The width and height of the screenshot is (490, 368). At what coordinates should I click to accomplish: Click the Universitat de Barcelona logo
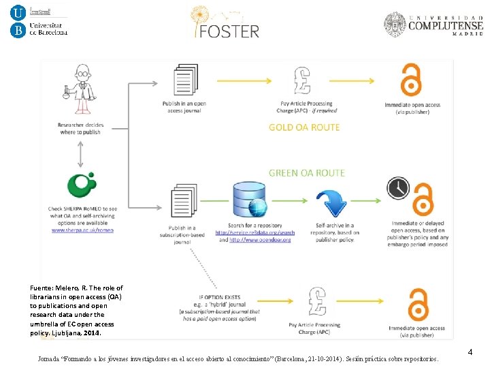pos(39,20)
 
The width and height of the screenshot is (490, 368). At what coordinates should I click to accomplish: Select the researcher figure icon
pos(82,89)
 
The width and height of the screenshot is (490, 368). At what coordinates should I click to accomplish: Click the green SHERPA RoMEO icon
pos(82,186)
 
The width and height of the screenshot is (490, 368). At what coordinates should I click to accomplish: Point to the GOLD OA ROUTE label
pos(304,127)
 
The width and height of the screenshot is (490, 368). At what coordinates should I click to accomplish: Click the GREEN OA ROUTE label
pos(306,173)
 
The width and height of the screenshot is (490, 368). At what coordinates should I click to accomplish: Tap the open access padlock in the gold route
pos(410,81)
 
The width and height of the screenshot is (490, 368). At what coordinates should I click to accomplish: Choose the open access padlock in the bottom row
pos(416,305)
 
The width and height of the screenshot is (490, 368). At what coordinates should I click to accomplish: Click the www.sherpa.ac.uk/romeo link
pos(82,230)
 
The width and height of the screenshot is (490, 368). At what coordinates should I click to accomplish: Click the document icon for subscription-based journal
pos(182,200)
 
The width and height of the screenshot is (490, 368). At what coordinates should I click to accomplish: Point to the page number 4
pos(470,352)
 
